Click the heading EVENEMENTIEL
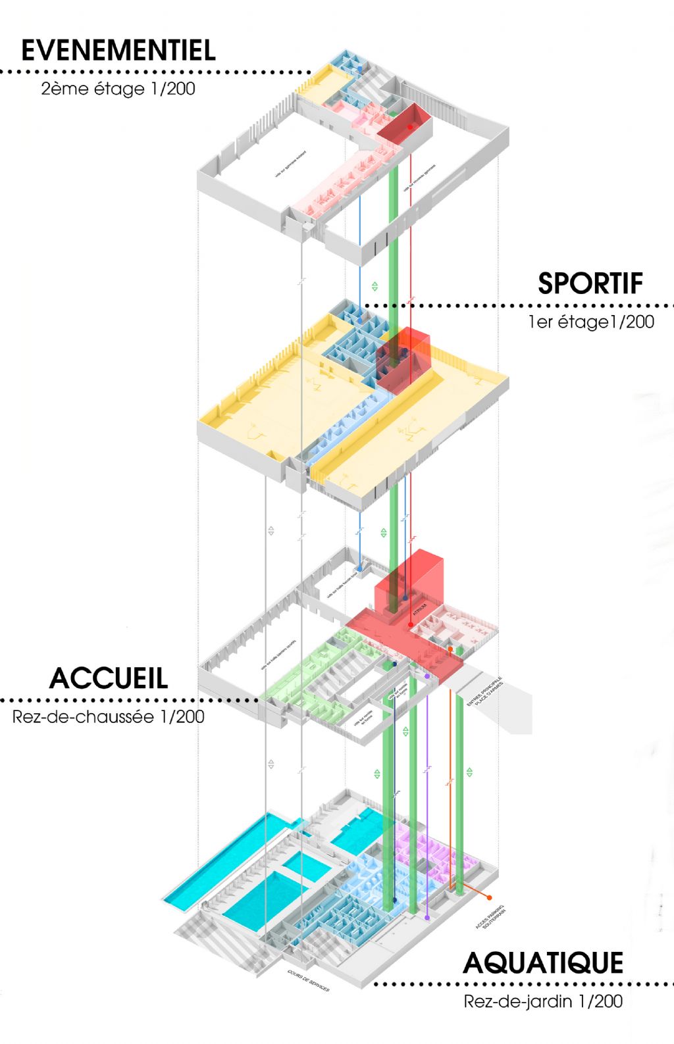(118, 51)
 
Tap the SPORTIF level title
(590, 284)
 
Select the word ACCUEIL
(109, 678)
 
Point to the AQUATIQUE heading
(543, 963)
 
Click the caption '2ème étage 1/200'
(118, 89)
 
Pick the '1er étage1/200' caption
(590, 322)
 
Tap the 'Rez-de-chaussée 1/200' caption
(108, 716)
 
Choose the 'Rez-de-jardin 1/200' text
(543, 1001)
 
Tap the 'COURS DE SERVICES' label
(309, 980)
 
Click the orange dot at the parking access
(490, 898)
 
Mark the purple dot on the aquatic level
(427, 917)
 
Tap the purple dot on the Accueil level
(427, 676)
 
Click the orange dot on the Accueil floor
(450, 649)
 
